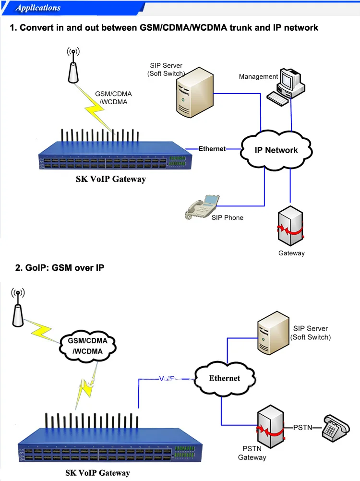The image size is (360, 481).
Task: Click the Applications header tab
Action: [x=38, y=8]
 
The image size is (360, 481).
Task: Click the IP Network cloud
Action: [x=276, y=150]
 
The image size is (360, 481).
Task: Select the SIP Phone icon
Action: [x=202, y=207]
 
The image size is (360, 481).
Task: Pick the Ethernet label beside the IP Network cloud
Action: [x=212, y=149]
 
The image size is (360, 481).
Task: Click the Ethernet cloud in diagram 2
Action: [x=224, y=378]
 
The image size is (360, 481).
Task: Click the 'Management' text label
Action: [x=258, y=76]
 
